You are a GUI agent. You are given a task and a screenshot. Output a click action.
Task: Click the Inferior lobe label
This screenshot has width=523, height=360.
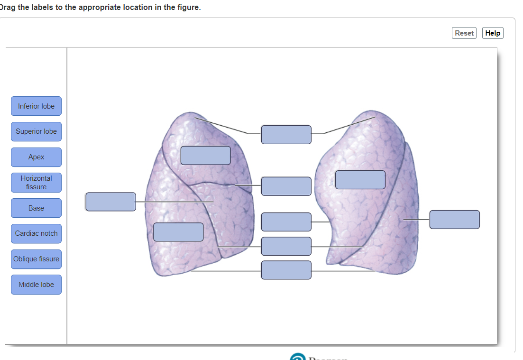tap(36, 106)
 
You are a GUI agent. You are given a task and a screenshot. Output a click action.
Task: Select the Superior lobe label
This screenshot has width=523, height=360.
tap(36, 131)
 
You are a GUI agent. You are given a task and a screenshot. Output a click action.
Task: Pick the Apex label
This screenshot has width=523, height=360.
tap(36, 157)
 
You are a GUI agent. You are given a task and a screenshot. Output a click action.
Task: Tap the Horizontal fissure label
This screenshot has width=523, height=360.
tap(36, 183)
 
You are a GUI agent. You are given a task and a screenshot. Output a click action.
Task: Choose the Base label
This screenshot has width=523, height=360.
tap(36, 208)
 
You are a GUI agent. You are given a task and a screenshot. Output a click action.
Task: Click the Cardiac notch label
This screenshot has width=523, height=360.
tap(36, 233)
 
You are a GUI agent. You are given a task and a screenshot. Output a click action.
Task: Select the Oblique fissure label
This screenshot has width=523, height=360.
tap(36, 259)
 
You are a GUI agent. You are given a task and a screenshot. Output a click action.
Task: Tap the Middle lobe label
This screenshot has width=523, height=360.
tap(36, 285)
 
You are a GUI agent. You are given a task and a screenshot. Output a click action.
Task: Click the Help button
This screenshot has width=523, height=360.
tap(493, 33)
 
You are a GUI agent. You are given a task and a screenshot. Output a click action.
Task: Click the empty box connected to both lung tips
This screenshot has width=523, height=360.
tap(286, 135)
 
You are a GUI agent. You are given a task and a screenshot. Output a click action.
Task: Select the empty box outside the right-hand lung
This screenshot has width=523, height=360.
tap(454, 220)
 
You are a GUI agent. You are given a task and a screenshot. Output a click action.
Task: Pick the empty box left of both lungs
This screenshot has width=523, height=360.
tap(110, 202)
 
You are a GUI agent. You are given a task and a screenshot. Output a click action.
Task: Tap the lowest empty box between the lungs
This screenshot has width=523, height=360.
tap(286, 270)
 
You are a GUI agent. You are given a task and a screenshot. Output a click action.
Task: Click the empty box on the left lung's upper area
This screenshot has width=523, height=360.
tap(205, 156)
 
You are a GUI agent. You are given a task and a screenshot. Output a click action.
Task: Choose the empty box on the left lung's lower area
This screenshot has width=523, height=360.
tap(178, 232)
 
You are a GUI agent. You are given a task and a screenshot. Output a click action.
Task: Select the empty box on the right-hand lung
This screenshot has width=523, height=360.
tap(360, 180)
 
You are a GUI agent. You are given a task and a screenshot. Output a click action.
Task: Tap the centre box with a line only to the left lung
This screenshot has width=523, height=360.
tap(286, 186)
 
